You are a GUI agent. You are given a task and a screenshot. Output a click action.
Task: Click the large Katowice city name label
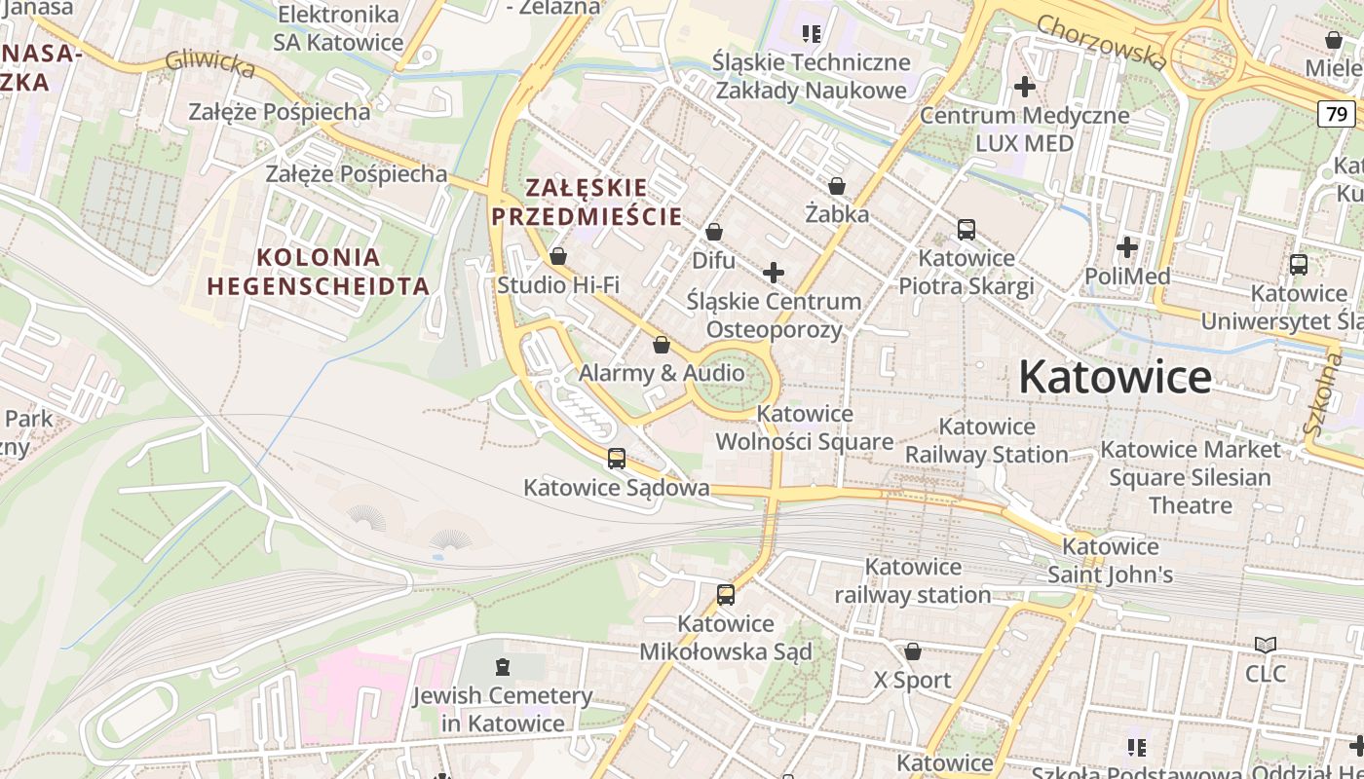click(1115, 377)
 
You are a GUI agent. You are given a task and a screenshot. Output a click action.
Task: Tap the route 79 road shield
click(1337, 114)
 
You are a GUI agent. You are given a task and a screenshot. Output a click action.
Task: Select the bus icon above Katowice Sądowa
click(616, 458)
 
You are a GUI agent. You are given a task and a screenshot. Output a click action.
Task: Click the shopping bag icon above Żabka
click(836, 185)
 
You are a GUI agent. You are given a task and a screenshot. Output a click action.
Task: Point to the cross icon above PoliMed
click(1127, 247)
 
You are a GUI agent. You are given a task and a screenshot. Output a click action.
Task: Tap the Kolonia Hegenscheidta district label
click(318, 272)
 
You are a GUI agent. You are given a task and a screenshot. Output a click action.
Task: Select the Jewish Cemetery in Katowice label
click(502, 709)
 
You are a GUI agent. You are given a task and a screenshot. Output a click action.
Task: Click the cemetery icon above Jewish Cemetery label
click(502, 667)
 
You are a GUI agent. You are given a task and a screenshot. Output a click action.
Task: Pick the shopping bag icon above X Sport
click(913, 650)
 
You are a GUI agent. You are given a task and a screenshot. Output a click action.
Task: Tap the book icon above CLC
click(1265, 645)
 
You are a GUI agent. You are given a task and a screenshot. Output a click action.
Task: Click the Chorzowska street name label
click(1102, 42)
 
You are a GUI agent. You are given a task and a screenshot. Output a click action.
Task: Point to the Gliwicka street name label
click(209, 63)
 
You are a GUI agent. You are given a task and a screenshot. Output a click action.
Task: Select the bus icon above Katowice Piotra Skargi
click(966, 230)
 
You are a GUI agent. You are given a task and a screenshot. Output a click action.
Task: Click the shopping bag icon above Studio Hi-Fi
click(558, 256)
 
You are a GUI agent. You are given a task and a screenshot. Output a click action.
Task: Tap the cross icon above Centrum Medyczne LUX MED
click(1024, 87)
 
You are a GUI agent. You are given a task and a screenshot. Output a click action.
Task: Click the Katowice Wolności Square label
click(805, 427)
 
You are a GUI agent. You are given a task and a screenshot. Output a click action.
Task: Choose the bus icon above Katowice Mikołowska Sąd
click(725, 594)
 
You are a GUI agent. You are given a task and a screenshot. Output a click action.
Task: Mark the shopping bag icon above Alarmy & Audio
click(662, 345)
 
